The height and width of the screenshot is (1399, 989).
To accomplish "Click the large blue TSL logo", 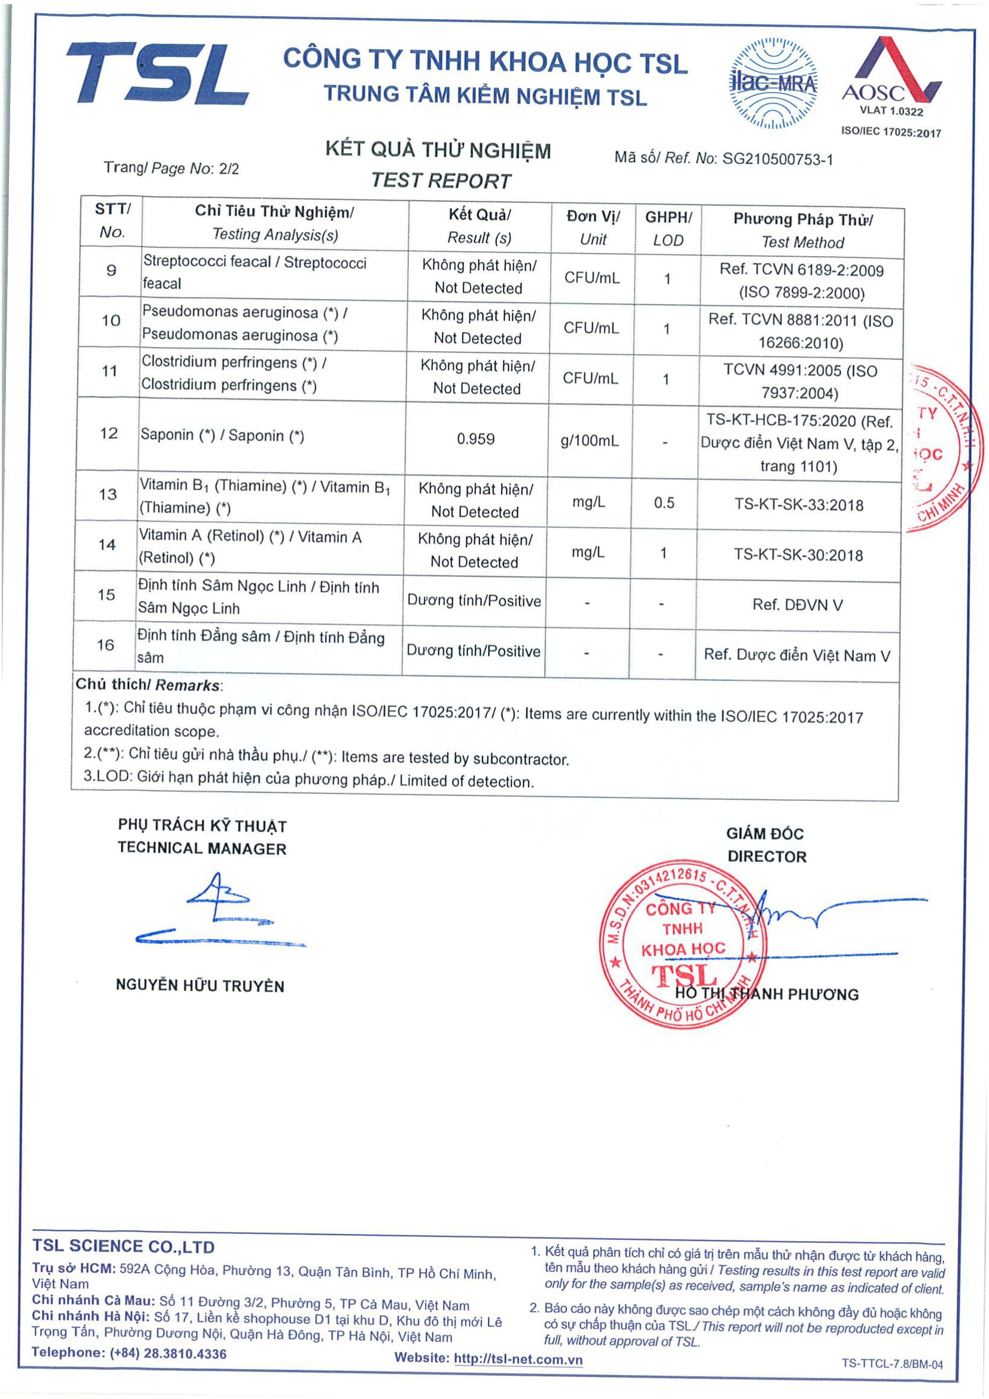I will pos(157,73).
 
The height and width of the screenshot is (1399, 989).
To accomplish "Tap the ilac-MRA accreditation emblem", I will pos(773,84).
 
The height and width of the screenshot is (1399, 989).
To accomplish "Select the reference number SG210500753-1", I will pos(778,160).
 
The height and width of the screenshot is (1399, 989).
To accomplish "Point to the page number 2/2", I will pos(228,169).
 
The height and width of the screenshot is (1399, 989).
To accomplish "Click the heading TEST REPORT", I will pos(441,181).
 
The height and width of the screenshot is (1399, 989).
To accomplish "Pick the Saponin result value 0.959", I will pos(475,438).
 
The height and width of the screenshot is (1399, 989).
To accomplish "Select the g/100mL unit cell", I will pos(590,441).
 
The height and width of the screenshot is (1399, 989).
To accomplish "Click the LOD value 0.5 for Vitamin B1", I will pos(664,502).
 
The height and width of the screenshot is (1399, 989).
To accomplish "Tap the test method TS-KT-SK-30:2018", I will pos(798,555).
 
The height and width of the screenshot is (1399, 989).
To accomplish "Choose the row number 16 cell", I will pos(105,645).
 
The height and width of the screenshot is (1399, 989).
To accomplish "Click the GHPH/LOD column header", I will pos(668,228).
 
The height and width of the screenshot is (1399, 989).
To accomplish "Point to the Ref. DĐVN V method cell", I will pos(798,605).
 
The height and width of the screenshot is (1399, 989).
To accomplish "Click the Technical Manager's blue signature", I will pos(219,911).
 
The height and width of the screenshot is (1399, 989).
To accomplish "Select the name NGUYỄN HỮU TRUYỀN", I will pos(200,986).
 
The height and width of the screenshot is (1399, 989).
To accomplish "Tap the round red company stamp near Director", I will pos(683,944).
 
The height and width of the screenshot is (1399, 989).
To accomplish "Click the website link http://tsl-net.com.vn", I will pos(518,1360).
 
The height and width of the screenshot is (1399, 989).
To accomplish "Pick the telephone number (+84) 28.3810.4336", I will pos(167,1354).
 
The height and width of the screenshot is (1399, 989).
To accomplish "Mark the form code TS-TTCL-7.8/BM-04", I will pos(892,1364).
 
